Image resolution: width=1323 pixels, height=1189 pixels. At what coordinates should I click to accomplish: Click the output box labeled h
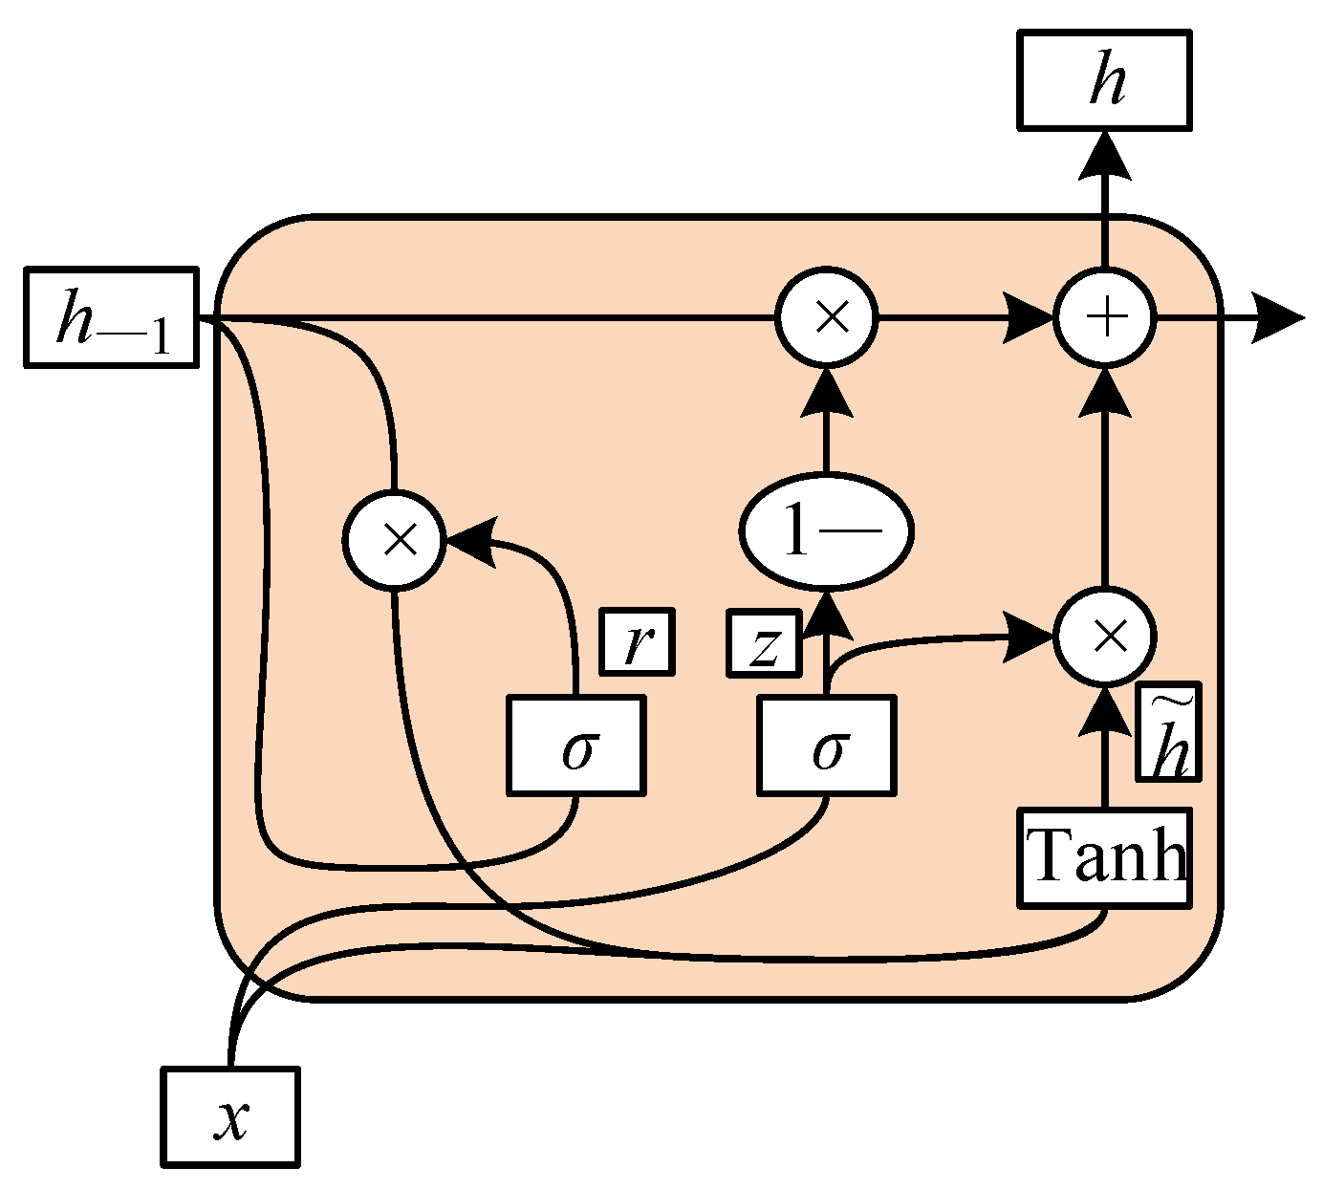(x=1104, y=80)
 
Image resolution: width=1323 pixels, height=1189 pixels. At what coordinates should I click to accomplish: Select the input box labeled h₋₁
(x=111, y=318)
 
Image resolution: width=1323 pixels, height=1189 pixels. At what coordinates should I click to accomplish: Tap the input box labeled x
(x=230, y=1117)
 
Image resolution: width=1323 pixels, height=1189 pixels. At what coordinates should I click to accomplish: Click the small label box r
(x=637, y=641)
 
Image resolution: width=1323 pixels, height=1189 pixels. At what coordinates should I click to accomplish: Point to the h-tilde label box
(x=1168, y=732)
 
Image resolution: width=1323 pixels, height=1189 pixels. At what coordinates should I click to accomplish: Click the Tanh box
(x=1105, y=857)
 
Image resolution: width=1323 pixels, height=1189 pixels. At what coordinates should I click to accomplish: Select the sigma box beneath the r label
(x=575, y=746)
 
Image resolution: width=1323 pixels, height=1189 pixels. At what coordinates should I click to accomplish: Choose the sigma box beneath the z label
(x=828, y=746)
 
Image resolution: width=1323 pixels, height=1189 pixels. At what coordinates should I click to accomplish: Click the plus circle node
(x=1105, y=317)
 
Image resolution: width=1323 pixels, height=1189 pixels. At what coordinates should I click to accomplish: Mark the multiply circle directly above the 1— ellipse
(x=827, y=317)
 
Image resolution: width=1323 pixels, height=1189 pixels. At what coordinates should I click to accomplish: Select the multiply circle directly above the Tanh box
(x=1105, y=636)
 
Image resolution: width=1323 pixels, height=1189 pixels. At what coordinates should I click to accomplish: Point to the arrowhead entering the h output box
(x=1105, y=155)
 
